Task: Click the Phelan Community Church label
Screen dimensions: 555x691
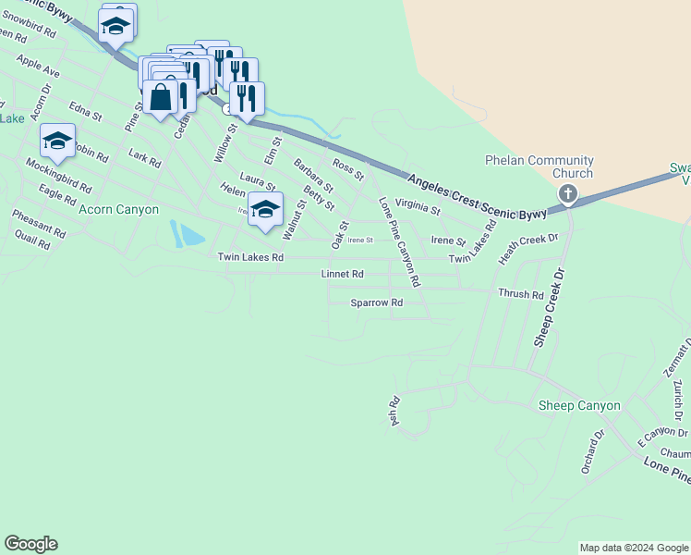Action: (x=539, y=166)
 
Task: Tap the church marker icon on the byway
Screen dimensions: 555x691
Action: (x=568, y=193)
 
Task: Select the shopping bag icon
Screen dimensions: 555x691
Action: (x=161, y=97)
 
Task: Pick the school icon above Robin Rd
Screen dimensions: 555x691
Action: (x=57, y=141)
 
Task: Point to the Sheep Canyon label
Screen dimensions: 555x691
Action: (x=579, y=406)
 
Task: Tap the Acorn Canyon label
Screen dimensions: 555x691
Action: (x=119, y=210)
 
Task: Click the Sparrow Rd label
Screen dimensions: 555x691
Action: (x=377, y=302)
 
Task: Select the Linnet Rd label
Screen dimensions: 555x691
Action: (x=343, y=275)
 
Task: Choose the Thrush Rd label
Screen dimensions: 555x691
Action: (x=521, y=294)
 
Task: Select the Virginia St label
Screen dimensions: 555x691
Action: (x=418, y=211)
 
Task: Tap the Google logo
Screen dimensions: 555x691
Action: (x=30, y=544)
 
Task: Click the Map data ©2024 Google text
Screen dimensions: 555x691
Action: (x=634, y=548)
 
